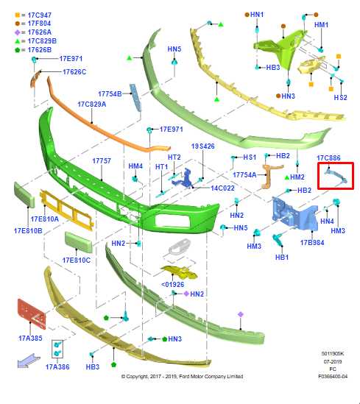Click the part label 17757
[x=102, y=160]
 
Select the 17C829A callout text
[x=92, y=104]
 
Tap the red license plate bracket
[x=32, y=314]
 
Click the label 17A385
[x=30, y=338]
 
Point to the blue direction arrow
[x=29, y=361]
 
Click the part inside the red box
[x=336, y=176]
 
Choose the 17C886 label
[x=328, y=157]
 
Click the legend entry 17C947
[x=40, y=15]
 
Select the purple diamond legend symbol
[x=17, y=32]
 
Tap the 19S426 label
[x=202, y=146]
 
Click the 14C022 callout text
[x=222, y=188]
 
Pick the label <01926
[x=173, y=285]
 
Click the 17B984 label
[x=312, y=242]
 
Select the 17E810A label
[x=45, y=219]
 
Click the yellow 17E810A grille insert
[x=66, y=210]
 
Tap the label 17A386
[x=57, y=366]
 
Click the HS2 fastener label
[x=340, y=97]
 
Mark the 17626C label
[x=74, y=72]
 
